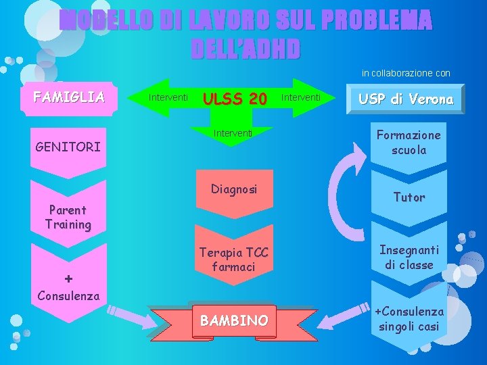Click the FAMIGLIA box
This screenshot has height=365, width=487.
(69, 97)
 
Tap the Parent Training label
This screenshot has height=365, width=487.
(68, 218)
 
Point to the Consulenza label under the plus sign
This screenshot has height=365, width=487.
(68, 295)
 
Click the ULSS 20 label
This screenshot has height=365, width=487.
(235, 99)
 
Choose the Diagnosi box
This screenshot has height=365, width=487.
(233, 189)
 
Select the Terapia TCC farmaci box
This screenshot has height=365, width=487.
(233, 260)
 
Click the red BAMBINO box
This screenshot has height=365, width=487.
(234, 320)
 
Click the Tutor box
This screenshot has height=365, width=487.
(409, 197)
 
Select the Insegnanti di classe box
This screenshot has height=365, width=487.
(409, 257)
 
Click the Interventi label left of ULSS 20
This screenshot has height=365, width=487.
(168, 98)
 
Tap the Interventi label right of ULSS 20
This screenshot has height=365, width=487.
(302, 98)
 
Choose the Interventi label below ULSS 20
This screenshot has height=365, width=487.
(233, 132)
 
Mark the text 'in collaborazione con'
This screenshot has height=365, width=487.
(406, 73)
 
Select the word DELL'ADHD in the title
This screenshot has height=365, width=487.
(244, 49)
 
